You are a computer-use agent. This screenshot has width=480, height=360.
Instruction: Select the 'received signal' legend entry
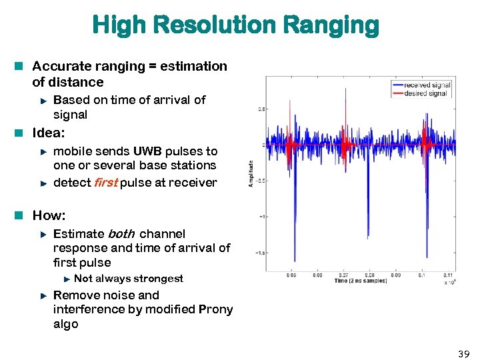point(427,85)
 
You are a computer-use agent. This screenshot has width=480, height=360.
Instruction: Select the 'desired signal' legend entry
point(425,93)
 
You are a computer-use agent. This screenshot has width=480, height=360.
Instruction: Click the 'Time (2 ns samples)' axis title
point(361,281)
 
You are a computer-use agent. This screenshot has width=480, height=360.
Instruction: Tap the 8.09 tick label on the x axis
point(395,274)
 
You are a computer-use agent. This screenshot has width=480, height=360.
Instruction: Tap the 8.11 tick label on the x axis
point(448,274)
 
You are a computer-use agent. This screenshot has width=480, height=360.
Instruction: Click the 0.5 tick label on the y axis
point(263,109)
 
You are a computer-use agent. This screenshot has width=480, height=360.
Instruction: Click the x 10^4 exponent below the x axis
point(449,282)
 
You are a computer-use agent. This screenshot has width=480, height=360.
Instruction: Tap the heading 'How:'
point(49,215)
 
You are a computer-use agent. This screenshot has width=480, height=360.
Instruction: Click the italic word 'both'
point(121,234)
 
